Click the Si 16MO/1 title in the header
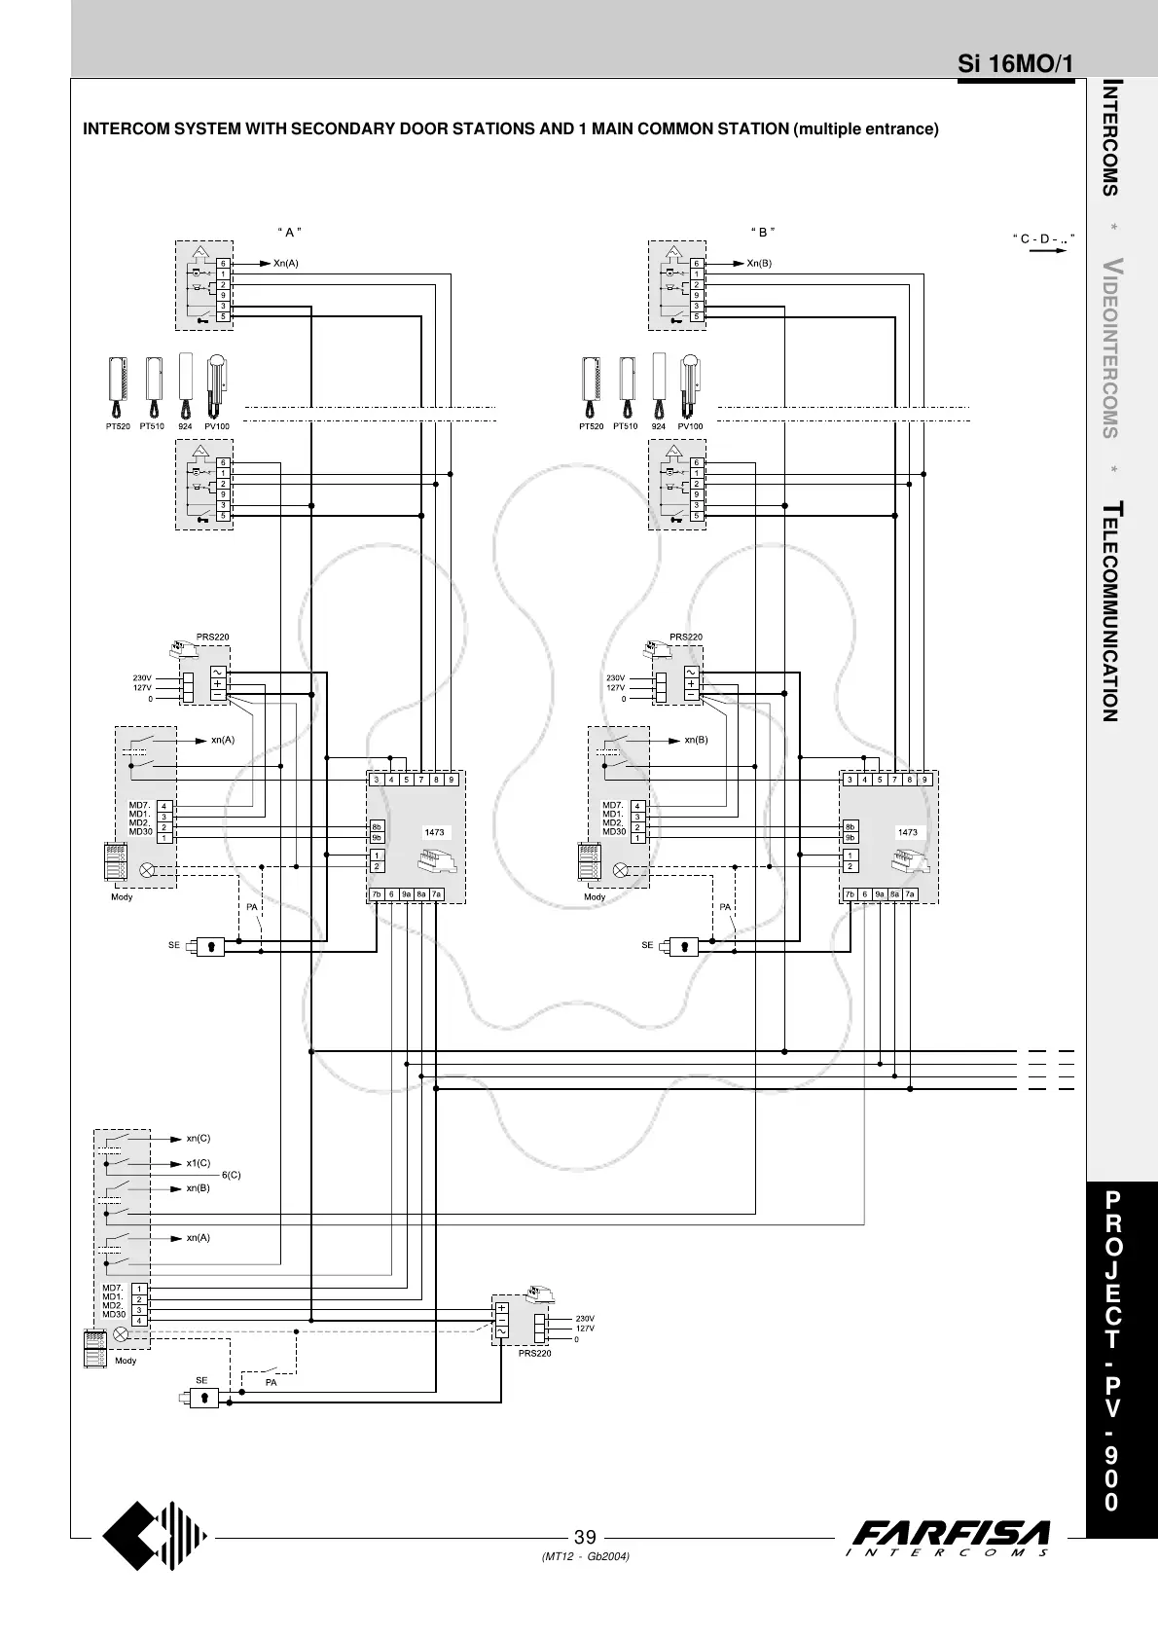coord(1015,64)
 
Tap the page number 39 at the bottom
coord(585,1537)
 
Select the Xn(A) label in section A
coord(286,264)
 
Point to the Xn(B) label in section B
coord(759,264)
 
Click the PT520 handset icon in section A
coord(118,387)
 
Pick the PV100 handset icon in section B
coord(690,386)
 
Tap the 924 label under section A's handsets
coord(185,426)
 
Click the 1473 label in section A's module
coord(435,833)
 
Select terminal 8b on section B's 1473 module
coord(850,827)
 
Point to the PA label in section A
coord(252,907)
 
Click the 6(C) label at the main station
coord(232,1175)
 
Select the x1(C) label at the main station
coord(199,1163)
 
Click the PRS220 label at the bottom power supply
coord(535,1354)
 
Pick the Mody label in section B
coord(595,897)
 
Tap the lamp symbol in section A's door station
coord(147,870)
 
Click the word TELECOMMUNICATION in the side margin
coord(1110,611)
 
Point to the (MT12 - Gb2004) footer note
coord(585,1556)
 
